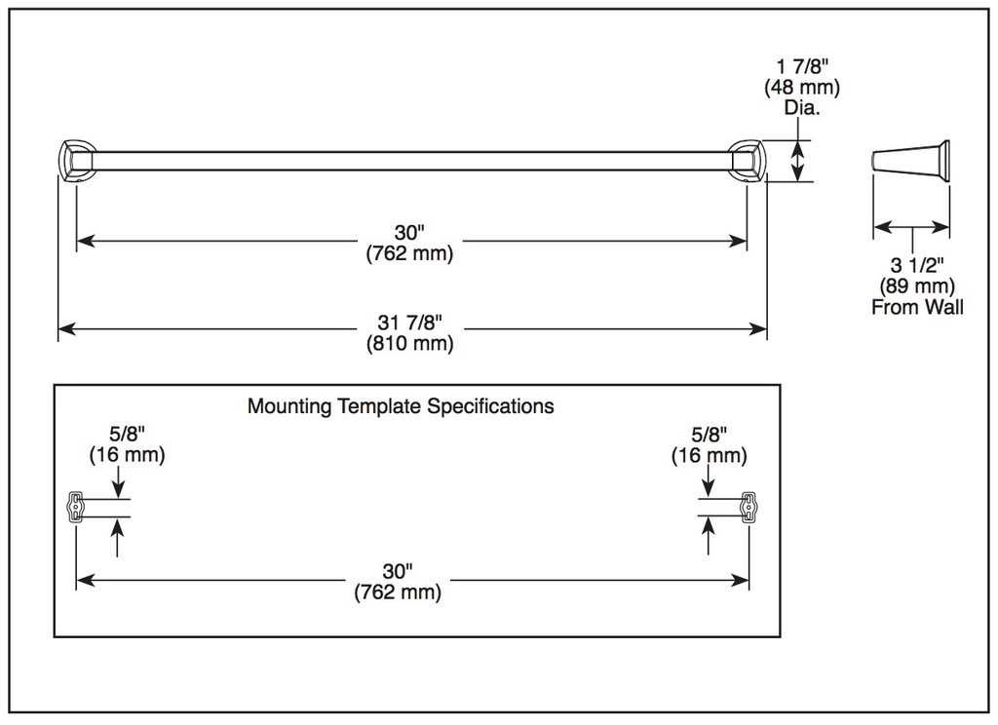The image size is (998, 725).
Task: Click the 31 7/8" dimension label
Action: pyautogui.click(x=410, y=323)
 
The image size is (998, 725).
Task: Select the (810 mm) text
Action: pyautogui.click(x=410, y=344)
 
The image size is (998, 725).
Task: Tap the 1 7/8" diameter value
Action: pyautogui.click(x=802, y=66)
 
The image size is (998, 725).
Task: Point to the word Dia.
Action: pyautogui.click(x=802, y=107)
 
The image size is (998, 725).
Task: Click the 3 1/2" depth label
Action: pyautogui.click(x=917, y=265)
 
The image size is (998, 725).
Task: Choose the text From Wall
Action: pyautogui.click(x=917, y=307)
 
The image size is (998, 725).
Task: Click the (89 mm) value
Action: pyautogui.click(x=917, y=286)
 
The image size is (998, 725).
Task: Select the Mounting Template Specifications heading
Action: pyautogui.click(x=401, y=406)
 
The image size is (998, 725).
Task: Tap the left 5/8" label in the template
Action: pyautogui.click(x=128, y=434)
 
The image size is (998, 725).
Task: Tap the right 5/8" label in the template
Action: pyautogui.click(x=710, y=434)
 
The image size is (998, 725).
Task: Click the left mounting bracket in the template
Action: pyautogui.click(x=76, y=507)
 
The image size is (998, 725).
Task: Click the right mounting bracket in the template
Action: pyautogui.click(x=748, y=507)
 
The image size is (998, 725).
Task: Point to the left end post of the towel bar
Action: pyautogui.click(x=76, y=161)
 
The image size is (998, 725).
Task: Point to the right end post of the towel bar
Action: pyautogui.click(x=748, y=161)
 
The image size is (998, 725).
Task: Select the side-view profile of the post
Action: pyautogui.click(x=911, y=161)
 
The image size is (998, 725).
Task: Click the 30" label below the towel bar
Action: pyautogui.click(x=409, y=232)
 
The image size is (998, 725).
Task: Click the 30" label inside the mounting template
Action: pyautogui.click(x=398, y=571)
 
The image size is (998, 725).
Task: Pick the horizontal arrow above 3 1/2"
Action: pyautogui.click(x=912, y=227)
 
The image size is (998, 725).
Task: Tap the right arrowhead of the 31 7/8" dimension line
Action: pyautogui.click(x=758, y=329)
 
